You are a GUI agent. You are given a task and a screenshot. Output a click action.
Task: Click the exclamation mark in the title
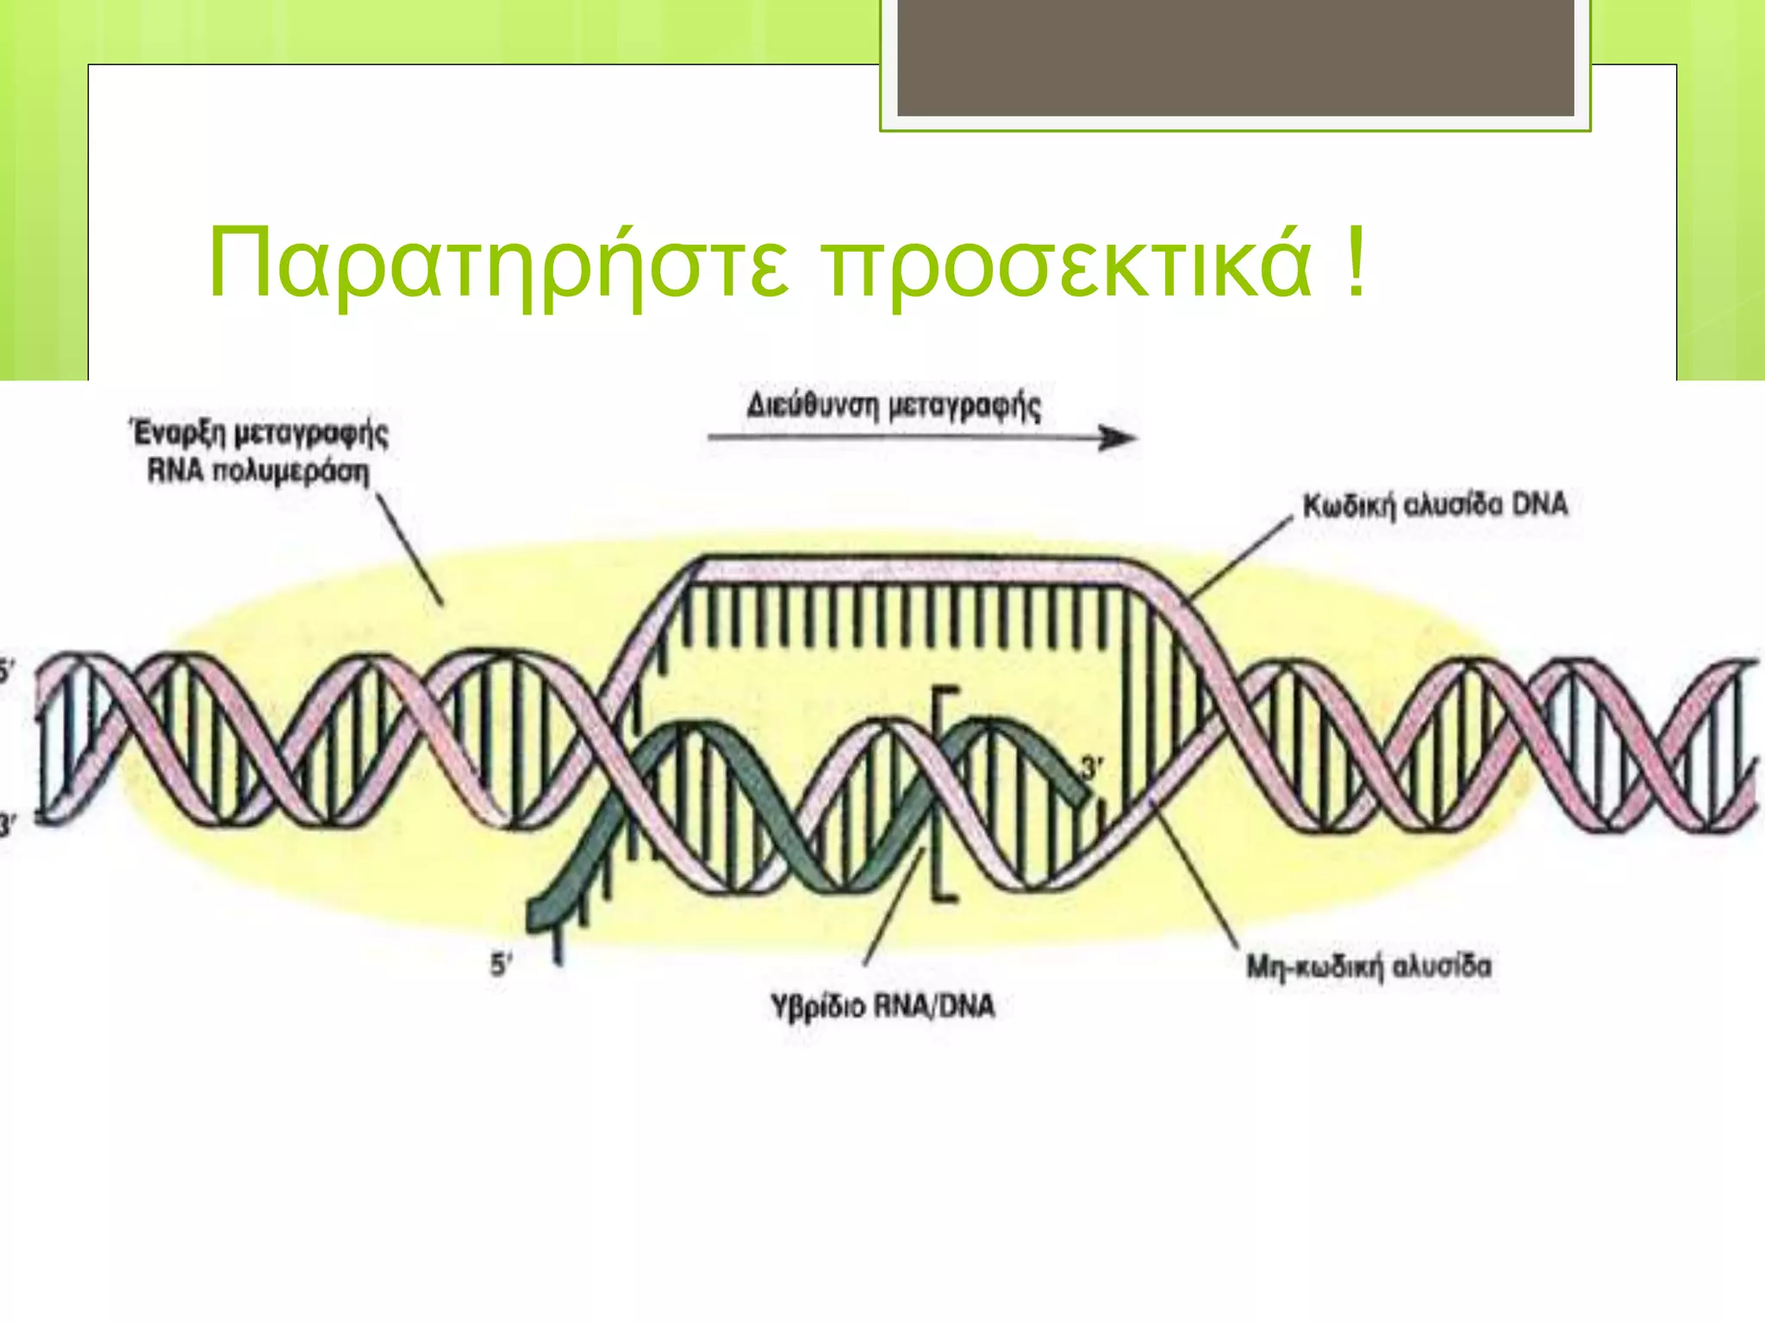1355,259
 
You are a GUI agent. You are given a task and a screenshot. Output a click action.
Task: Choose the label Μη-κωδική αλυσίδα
1369,966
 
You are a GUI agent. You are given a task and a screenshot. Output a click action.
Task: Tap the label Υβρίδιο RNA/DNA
882,1006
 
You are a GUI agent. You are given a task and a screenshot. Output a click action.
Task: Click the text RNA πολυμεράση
259,472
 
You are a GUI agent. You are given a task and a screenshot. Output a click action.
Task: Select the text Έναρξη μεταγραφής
259,432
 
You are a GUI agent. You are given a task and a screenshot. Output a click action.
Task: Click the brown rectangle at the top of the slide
1235,57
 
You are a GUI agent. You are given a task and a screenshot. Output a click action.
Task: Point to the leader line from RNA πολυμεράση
410,548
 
